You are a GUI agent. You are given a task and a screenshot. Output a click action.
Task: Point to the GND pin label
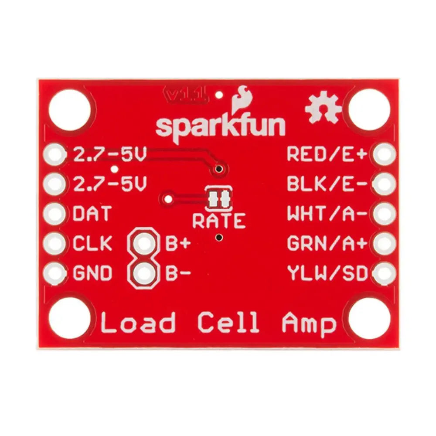coord(92,273)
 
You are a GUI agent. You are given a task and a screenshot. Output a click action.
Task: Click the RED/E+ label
coord(327,154)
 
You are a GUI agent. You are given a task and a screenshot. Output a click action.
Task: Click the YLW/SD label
coord(327,273)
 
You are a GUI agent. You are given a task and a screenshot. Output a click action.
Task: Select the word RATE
coord(219,221)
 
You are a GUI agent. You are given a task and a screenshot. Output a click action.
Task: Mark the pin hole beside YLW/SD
coord(384,273)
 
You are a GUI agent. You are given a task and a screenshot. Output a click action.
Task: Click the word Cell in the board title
coord(228,324)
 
